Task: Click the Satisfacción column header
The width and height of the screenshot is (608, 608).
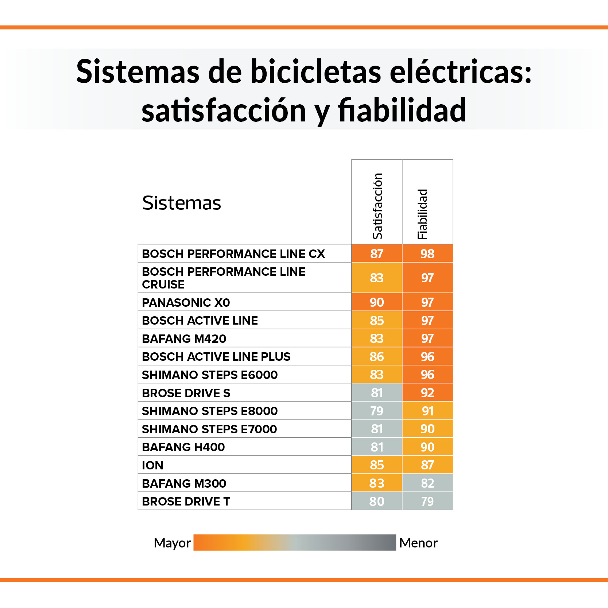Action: click(x=377, y=206)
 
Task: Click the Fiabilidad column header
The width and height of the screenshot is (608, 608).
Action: click(x=422, y=214)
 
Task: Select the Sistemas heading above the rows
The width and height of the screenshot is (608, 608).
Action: click(x=182, y=203)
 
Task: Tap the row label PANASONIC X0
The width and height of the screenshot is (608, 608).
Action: click(x=186, y=302)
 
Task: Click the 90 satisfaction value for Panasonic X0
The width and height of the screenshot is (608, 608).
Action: click(x=377, y=302)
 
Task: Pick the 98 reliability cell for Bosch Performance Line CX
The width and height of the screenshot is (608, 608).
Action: click(x=427, y=253)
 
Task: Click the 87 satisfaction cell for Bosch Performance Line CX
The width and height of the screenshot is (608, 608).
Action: click(x=377, y=253)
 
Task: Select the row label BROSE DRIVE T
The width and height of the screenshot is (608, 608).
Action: click(x=186, y=501)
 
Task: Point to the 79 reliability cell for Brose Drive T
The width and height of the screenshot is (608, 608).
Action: click(x=427, y=501)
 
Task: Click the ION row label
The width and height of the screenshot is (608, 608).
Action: click(x=152, y=465)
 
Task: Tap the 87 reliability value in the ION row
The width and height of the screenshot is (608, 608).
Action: click(x=427, y=465)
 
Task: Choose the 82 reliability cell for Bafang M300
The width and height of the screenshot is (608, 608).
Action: click(x=427, y=483)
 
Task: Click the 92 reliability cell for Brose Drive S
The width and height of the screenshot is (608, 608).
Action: click(x=427, y=393)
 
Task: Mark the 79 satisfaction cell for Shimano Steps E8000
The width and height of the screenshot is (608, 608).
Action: click(x=377, y=411)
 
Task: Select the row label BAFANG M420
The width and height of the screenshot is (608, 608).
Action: click(x=184, y=338)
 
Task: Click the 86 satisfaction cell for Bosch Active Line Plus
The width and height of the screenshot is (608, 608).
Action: click(x=377, y=357)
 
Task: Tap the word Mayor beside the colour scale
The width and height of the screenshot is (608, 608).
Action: click(x=172, y=543)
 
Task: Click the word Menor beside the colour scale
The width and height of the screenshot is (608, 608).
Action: click(x=418, y=543)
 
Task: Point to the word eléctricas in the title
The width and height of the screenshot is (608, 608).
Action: click(x=461, y=71)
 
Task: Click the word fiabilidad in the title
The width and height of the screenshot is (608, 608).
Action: click(x=402, y=110)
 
